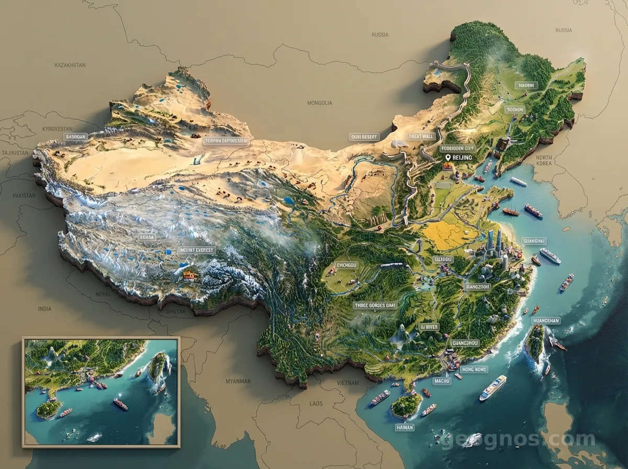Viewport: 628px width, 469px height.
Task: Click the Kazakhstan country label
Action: pyautogui.click(x=70, y=65)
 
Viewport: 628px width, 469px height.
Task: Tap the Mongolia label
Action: pyautogui.click(x=319, y=103)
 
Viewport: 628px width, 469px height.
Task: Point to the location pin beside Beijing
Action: pyautogui.click(x=447, y=158)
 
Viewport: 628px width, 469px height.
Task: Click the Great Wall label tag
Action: pyautogui.click(x=421, y=136)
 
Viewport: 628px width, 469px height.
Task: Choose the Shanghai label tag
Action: pyautogui.click(x=534, y=241)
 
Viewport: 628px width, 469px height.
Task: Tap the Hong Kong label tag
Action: pyautogui.click(x=475, y=370)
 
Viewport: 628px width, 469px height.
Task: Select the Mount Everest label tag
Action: pyautogui.click(x=196, y=250)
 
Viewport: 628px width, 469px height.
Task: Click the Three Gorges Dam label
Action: pyautogui.click(x=375, y=305)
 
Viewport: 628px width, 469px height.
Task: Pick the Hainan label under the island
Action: pyautogui.click(x=405, y=428)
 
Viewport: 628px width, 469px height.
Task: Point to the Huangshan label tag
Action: pyautogui.click(x=545, y=320)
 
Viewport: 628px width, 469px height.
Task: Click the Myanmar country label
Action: pyautogui.click(x=238, y=381)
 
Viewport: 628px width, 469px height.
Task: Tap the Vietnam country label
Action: pyautogui.click(x=348, y=383)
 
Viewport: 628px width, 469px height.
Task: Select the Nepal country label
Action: pyautogui.click(x=103, y=295)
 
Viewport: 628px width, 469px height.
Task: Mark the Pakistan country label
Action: pyautogui.click(x=24, y=196)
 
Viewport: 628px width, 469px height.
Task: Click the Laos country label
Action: pyautogui.click(x=316, y=404)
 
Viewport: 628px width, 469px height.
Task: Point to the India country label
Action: pyautogui.click(x=44, y=309)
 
